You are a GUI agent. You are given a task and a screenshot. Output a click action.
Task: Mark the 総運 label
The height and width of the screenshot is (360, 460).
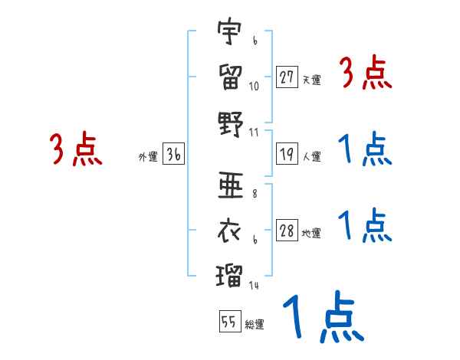[255, 324]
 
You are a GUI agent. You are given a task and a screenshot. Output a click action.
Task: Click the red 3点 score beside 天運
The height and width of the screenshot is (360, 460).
[365, 74]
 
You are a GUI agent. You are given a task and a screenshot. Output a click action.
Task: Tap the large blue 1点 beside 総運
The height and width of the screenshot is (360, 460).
[320, 318]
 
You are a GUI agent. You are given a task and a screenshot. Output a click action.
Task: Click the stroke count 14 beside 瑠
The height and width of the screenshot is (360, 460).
[254, 286]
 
